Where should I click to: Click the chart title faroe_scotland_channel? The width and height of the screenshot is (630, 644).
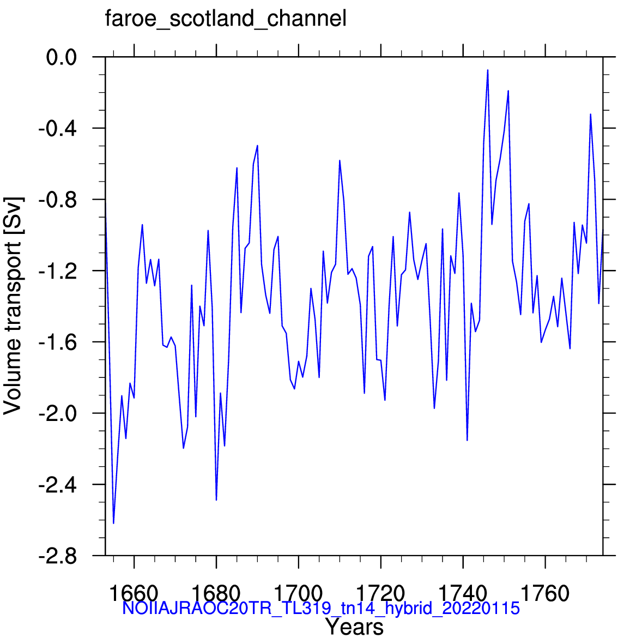coord(226,19)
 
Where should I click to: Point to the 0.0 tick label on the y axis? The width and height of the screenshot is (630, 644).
coord(62,57)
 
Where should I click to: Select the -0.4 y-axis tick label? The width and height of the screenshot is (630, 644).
coord(58,129)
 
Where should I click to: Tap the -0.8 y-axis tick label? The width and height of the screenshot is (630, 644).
coord(58,200)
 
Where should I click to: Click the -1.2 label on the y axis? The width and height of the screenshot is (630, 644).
coord(58,271)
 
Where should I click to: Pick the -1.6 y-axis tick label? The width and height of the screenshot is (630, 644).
coord(58,342)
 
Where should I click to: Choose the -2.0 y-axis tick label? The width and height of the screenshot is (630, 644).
coord(58,413)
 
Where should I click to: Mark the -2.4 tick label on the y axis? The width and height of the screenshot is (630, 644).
coord(58,485)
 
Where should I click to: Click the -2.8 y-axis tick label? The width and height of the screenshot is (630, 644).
coord(58,557)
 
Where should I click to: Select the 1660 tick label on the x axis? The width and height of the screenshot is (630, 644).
coord(134,593)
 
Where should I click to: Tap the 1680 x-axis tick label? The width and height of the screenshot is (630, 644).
coord(216,593)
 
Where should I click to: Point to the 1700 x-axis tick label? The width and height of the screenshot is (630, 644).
coord(298,593)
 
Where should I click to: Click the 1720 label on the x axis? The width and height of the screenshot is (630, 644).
coord(381,593)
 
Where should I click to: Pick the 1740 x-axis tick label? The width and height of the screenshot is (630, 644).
coord(463,593)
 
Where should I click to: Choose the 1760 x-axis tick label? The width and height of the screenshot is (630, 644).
coord(545,593)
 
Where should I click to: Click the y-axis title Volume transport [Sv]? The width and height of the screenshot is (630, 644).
coord(13,306)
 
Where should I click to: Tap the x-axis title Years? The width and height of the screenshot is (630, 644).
coord(355,627)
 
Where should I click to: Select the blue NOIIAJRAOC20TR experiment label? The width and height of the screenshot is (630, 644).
coord(321,608)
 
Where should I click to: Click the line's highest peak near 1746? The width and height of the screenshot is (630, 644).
coord(488,70)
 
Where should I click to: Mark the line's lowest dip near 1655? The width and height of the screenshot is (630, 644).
coord(114,523)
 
